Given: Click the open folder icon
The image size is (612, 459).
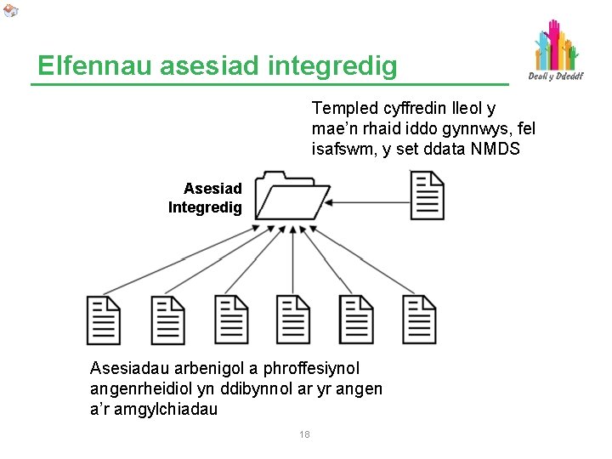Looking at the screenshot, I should tap(292, 195).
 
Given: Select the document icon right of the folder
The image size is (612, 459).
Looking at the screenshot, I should tap(427, 195).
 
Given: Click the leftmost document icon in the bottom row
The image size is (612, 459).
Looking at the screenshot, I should tap(104, 320).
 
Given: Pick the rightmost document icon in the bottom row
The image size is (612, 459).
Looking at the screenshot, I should tap(420, 320).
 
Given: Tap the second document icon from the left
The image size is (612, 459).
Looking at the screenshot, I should tap(167, 320).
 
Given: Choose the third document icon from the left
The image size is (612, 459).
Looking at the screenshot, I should tap(230, 320).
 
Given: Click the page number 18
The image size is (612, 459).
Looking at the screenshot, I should tap(304, 435).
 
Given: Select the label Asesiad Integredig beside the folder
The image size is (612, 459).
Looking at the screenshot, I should tap(206, 198).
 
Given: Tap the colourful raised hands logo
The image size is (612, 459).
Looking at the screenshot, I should tap(555, 46).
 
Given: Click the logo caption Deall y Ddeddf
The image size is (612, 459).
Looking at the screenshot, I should tap(556, 76).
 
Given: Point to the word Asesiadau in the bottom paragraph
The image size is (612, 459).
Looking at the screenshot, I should tap(130, 368).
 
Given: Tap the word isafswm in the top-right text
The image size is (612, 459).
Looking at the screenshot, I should tap(343, 150).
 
